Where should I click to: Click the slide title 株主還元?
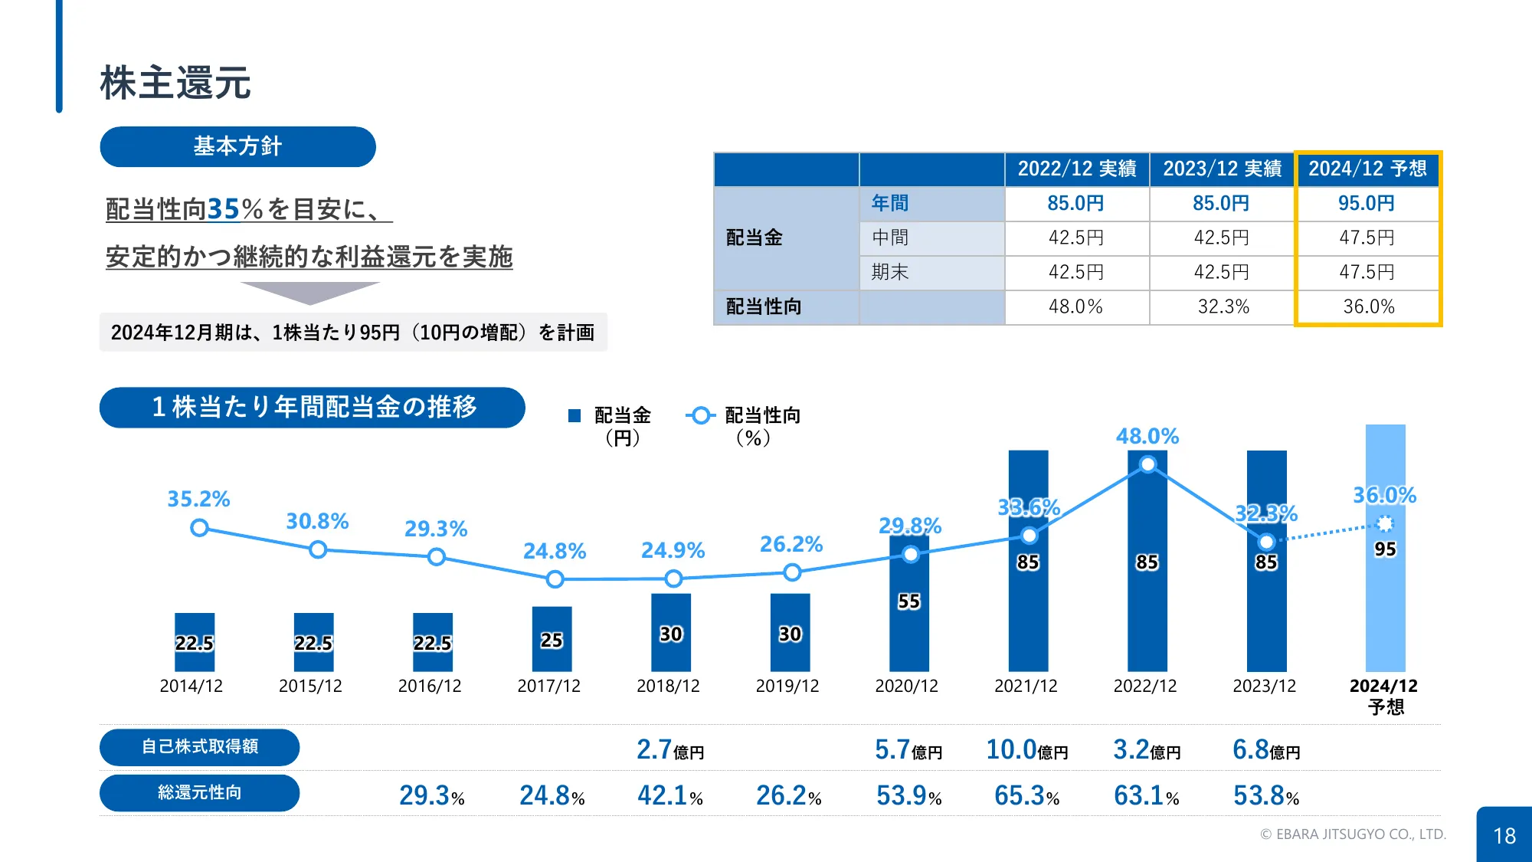175,83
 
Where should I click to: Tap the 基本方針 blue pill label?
237,146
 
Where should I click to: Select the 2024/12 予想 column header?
1367,169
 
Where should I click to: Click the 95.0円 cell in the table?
1367,203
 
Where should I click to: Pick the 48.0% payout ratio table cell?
1075,306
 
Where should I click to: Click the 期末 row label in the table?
890,272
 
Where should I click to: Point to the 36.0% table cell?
1368,306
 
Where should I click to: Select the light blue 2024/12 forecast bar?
1385,613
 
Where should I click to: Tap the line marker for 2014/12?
199,528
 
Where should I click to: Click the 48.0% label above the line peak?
1147,436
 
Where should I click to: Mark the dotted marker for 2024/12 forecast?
1385,524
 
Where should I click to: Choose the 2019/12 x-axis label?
787,686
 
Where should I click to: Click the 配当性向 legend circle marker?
700,416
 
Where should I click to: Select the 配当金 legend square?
574,416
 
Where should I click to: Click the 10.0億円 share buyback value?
1026,749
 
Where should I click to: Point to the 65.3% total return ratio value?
1026,795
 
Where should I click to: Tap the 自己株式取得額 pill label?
199,746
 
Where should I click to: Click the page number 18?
1504,835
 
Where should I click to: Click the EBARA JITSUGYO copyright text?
1353,834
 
